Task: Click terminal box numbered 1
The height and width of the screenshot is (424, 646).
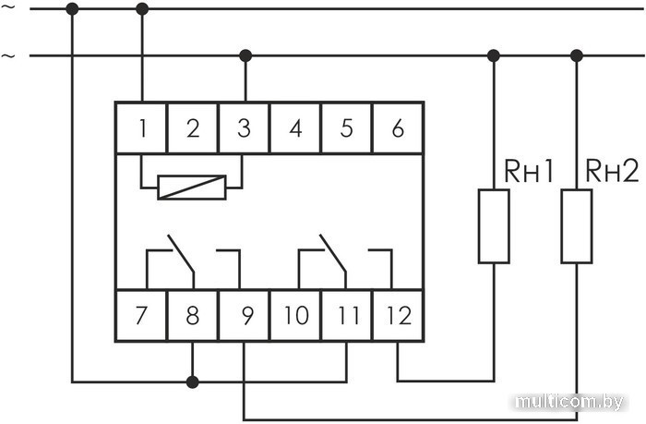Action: click(141, 128)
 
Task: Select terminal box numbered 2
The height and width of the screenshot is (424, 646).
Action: click(192, 128)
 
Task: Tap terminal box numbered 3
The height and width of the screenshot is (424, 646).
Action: click(244, 128)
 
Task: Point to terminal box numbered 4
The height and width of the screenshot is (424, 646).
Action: click(295, 128)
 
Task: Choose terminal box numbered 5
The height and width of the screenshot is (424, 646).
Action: click(346, 128)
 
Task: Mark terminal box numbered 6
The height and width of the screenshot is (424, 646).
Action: click(398, 128)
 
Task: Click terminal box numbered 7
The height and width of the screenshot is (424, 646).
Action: click(141, 316)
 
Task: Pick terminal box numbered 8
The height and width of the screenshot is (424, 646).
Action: click(192, 316)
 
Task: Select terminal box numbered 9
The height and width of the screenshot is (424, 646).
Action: click(244, 316)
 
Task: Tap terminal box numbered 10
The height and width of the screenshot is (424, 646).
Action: click(295, 316)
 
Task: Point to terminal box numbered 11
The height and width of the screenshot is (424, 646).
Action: click(346, 316)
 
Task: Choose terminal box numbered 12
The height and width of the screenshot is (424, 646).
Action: click(398, 316)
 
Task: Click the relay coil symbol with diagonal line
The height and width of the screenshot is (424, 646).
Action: click(191, 188)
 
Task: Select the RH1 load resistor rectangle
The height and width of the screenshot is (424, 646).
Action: click(494, 226)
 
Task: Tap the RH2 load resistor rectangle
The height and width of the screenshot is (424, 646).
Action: click(577, 226)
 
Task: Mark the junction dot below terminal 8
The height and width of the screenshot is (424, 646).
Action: click(192, 382)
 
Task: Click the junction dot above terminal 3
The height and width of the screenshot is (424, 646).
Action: click(245, 55)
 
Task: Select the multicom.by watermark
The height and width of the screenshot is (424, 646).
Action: click(570, 402)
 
